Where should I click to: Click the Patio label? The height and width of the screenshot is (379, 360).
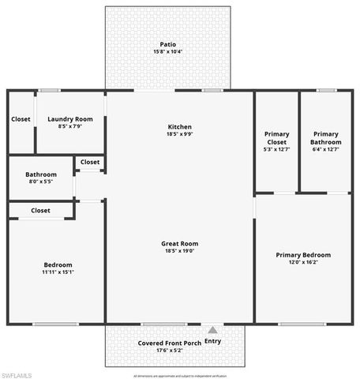point(168,44)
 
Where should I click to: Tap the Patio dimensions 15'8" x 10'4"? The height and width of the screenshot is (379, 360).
point(168,52)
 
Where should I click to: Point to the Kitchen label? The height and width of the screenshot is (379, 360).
point(179,127)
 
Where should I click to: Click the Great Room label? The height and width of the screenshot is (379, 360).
point(179,244)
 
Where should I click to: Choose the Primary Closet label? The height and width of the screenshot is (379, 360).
point(276,138)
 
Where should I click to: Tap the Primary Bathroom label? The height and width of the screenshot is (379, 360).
point(326,138)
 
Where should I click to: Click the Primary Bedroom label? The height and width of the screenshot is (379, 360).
point(303,255)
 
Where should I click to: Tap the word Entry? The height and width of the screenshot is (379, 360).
point(213,341)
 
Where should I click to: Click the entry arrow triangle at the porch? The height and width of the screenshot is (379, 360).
point(212,328)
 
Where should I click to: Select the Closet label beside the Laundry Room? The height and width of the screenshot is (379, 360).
point(21,119)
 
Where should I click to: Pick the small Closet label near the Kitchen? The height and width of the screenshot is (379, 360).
point(90,162)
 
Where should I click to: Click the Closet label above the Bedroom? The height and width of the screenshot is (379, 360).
point(41,211)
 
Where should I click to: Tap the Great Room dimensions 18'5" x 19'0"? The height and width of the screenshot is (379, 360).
point(179,252)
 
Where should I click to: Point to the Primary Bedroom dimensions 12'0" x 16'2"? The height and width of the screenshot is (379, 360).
point(303,263)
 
